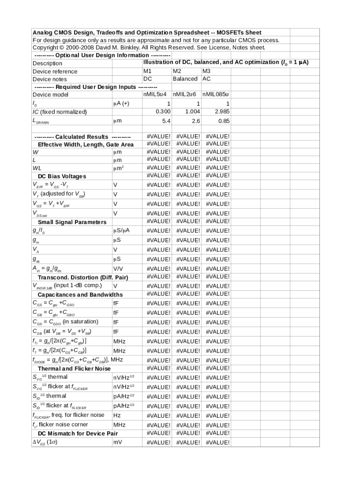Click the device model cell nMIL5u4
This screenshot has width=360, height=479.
pyautogui.click(x=157, y=94)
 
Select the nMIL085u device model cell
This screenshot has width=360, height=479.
pyautogui.click(x=216, y=94)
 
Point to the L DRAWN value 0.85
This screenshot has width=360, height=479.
pyautogui.click(x=223, y=121)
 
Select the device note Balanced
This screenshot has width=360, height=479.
pyautogui.click(x=185, y=79)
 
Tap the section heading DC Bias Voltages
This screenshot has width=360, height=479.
pyautogui.click(x=62, y=176)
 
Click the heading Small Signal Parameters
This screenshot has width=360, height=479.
pyautogui.click(x=72, y=222)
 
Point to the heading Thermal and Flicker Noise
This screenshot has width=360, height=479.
pyautogui.click(x=74, y=369)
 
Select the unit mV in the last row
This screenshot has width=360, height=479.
pyautogui.click(x=117, y=442)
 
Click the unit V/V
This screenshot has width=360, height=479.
pyautogui.click(x=118, y=269)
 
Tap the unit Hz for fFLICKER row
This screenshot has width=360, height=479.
pyautogui.click(x=117, y=415)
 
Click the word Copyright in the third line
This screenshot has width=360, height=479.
pyautogui.click(x=45, y=48)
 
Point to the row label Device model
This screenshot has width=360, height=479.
pyautogui.click(x=50, y=94)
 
